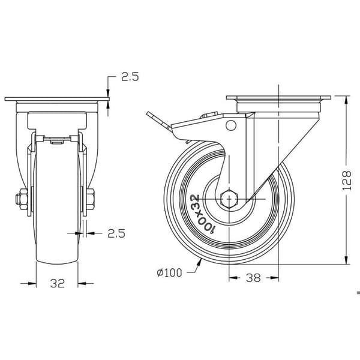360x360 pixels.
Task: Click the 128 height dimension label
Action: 347,180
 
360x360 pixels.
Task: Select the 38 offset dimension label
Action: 253,278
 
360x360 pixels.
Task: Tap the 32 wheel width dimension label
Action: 58,283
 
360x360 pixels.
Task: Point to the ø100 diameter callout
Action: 169,272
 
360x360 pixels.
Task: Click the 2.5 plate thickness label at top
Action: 130,77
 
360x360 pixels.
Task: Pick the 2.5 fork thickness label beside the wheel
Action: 116,233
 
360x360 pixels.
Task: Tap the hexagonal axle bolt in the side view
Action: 229,199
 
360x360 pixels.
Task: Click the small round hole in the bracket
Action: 231,125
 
